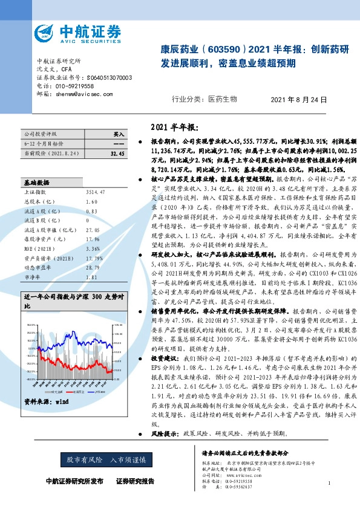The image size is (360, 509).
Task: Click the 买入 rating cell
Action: (x=118, y=134)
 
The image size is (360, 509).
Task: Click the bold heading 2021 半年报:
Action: (x=173, y=128)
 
